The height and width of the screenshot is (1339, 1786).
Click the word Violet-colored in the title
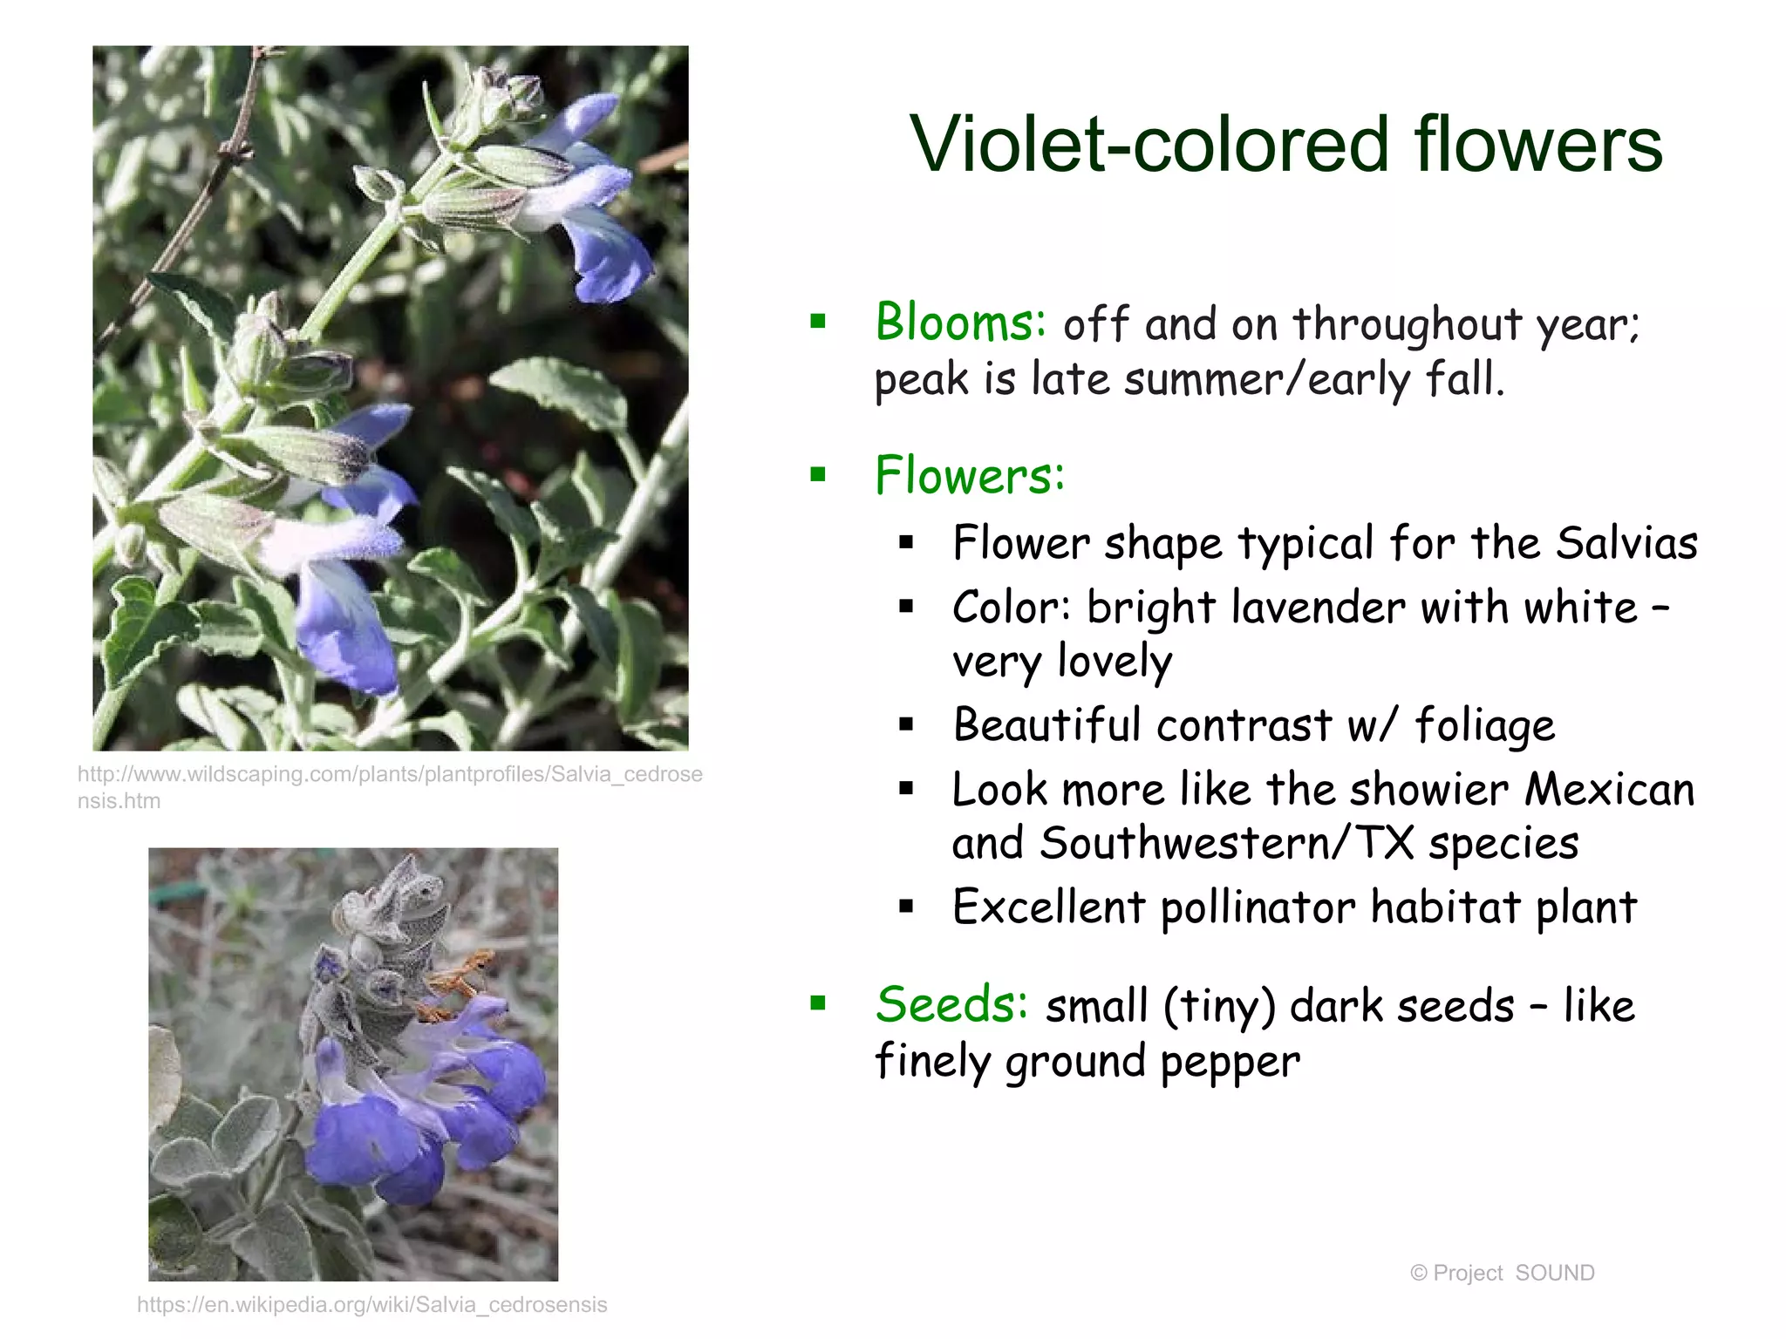(x=1149, y=144)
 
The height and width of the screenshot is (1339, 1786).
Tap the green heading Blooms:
(x=960, y=323)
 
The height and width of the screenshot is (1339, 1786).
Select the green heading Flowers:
(x=970, y=476)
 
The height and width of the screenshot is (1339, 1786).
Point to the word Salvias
(x=1626, y=543)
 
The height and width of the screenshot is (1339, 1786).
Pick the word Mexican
(x=1609, y=790)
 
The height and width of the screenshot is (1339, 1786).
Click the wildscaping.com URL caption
(x=389, y=786)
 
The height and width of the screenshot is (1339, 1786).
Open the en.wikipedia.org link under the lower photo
(x=372, y=1304)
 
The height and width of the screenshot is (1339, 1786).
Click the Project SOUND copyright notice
(x=1502, y=1273)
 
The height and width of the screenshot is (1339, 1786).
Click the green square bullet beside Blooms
(x=817, y=322)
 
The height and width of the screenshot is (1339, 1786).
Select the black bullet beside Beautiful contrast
(x=906, y=724)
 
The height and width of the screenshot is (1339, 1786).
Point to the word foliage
(x=1484, y=726)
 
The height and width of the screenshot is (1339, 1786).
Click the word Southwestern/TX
(x=1225, y=844)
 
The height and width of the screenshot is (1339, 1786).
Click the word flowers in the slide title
(x=1537, y=144)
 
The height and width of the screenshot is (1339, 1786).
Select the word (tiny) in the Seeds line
(x=1219, y=1007)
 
